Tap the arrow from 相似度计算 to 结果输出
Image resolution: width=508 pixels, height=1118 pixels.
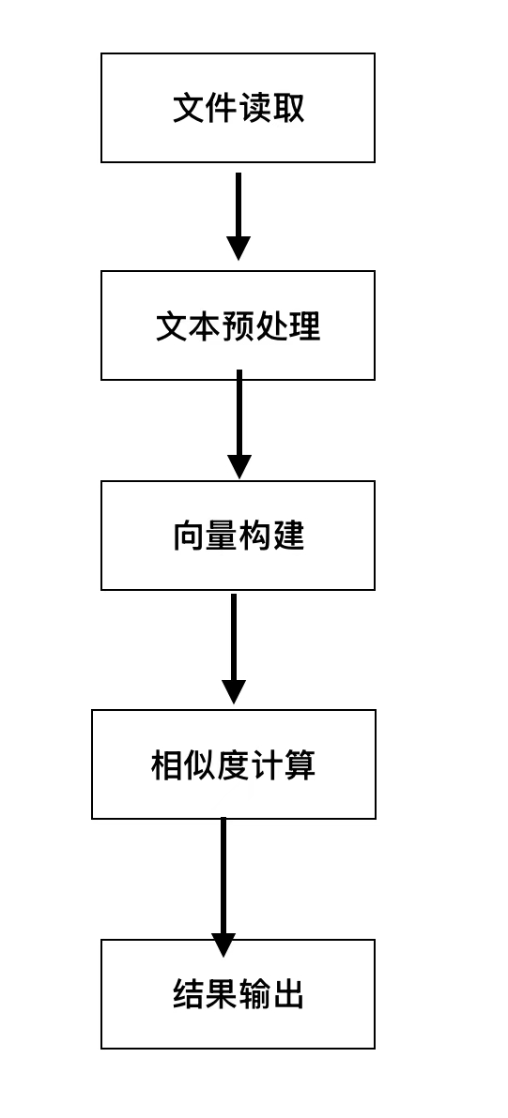[223, 877]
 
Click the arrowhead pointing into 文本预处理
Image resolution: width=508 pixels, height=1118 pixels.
[239, 249]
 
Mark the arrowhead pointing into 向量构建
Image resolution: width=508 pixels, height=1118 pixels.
[239, 466]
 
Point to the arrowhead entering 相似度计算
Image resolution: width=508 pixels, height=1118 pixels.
[234, 692]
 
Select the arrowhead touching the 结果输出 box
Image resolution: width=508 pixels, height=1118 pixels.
[223, 944]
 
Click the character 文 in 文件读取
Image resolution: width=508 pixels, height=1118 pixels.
[189, 108]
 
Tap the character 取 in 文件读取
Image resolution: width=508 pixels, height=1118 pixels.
[288, 108]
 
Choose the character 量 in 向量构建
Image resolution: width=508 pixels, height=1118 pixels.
[222, 536]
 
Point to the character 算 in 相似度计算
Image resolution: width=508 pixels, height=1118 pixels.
[299, 765]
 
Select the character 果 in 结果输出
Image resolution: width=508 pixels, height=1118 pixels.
[222, 994]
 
